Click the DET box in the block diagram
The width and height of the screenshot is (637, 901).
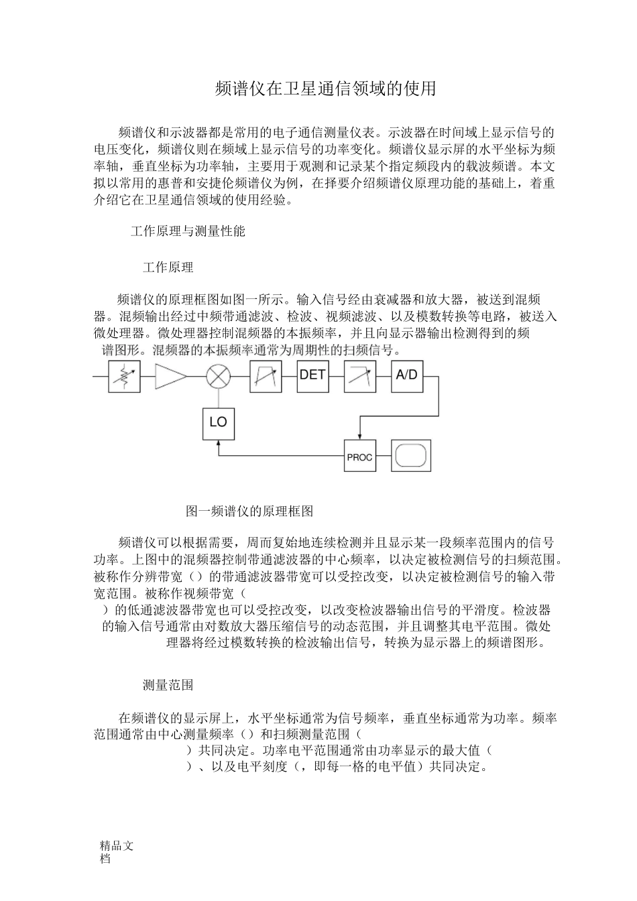pyautogui.click(x=312, y=375)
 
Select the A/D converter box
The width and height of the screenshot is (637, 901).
pyautogui.click(x=406, y=375)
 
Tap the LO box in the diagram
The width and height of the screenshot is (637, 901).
pyautogui.click(x=219, y=422)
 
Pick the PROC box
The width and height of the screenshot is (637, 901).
pyautogui.click(x=359, y=457)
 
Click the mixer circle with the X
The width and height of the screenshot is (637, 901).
pyautogui.click(x=218, y=376)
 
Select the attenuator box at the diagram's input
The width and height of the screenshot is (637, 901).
pyautogui.click(x=124, y=376)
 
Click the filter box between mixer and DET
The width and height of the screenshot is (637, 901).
pyautogui.click(x=266, y=376)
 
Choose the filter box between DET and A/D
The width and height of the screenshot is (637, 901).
pyautogui.click(x=359, y=376)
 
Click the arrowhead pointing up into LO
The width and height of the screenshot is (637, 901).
pyautogui.click(x=219, y=444)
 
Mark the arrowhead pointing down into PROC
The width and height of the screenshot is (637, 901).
pyautogui.click(x=359, y=436)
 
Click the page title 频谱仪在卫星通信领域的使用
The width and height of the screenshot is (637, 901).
pyautogui.click(x=325, y=88)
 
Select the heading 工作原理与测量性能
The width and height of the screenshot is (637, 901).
pyautogui.click(x=188, y=231)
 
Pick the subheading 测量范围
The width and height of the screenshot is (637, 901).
pyautogui.click(x=168, y=684)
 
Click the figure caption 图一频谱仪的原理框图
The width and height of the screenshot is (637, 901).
pyautogui.click(x=249, y=511)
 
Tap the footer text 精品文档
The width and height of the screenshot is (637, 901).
pyautogui.click(x=115, y=851)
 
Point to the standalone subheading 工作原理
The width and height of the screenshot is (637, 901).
pyautogui.click(x=168, y=267)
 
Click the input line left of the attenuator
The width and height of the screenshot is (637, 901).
pyautogui.click(x=101, y=376)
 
